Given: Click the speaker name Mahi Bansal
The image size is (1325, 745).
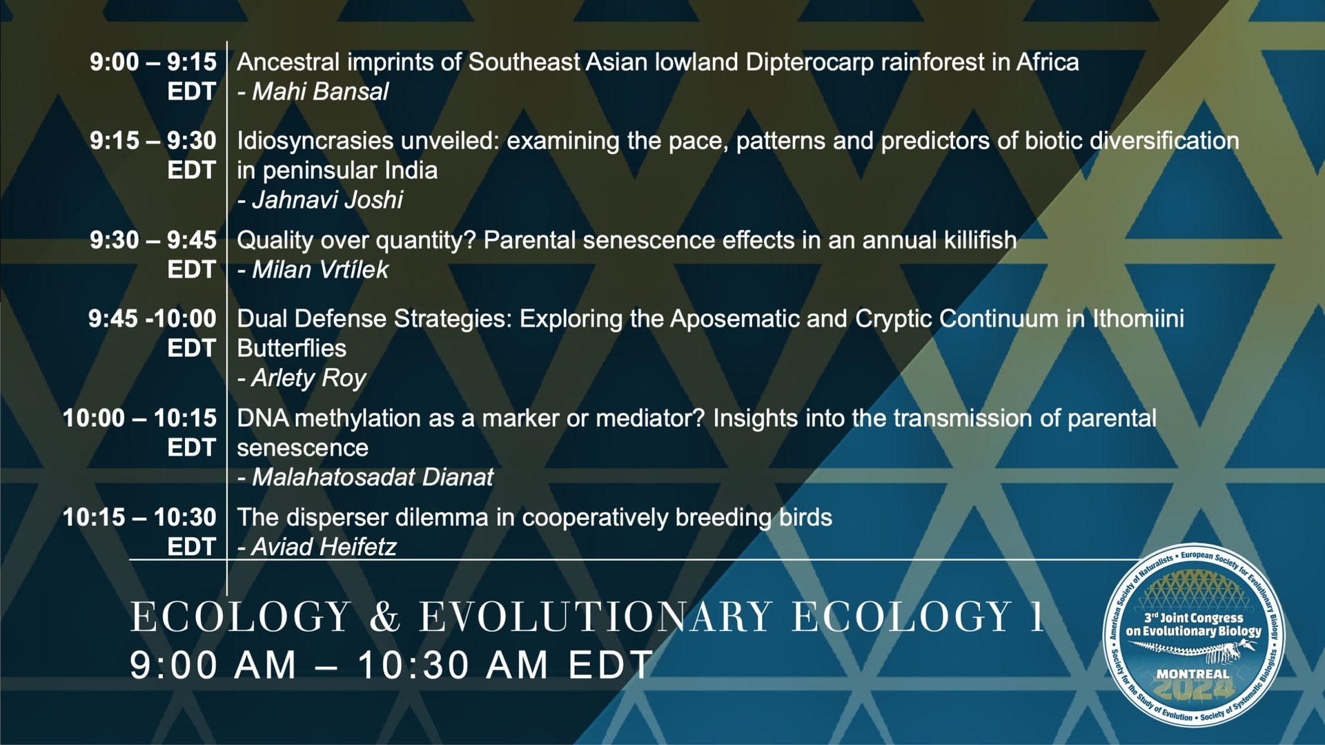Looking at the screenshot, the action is [x=320, y=91].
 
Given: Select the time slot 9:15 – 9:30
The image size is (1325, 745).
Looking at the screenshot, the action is [x=153, y=140].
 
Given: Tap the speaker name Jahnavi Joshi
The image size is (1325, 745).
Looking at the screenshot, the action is [x=327, y=200].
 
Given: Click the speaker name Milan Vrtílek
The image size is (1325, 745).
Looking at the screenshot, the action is [x=320, y=269].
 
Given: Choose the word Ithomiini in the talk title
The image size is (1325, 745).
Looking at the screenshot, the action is [x=1138, y=318].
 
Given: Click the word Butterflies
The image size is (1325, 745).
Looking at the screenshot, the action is [x=291, y=348].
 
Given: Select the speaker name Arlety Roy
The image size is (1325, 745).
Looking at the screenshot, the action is [x=308, y=378].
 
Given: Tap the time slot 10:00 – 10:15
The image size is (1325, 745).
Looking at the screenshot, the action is [x=139, y=418].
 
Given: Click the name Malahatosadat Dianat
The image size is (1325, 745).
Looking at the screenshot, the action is [x=373, y=476].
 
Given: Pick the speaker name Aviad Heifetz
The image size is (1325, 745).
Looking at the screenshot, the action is [x=324, y=547].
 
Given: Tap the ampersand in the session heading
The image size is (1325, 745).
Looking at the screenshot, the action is [x=385, y=616].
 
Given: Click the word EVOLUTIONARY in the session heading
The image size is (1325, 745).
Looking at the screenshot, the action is [x=596, y=616].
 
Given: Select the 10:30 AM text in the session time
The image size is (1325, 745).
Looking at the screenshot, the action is [x=453, y=665].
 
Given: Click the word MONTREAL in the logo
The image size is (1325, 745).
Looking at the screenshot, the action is [x=1192, y=673].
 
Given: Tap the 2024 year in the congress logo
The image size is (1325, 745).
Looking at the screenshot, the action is [x=1192, y=688].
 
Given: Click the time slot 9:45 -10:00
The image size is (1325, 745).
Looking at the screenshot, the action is [x=153, y=318].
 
